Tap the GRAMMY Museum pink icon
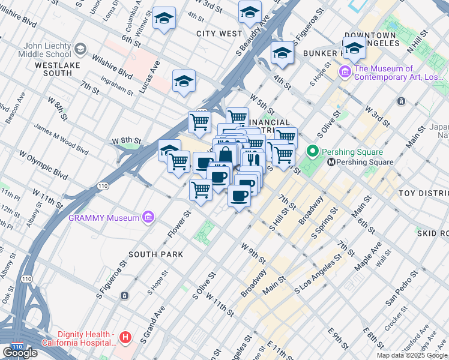[148, 218]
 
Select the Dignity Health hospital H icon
[125, 338]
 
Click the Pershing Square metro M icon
[330, 162]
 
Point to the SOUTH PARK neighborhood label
[155, 254]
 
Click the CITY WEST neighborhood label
[219, 34]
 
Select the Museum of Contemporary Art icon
[345, 73]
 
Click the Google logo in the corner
[19, 352]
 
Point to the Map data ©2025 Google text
[412, 355]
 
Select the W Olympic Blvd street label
[43, 164]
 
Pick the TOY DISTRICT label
[423, 193]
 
